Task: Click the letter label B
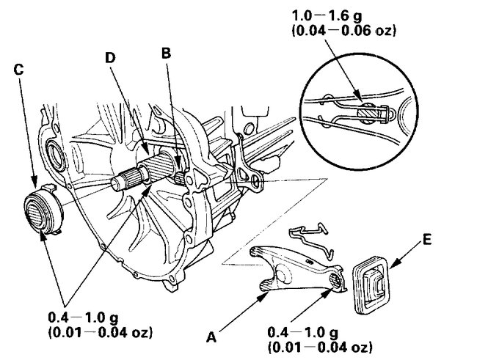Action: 166,53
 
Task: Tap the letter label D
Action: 110,57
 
